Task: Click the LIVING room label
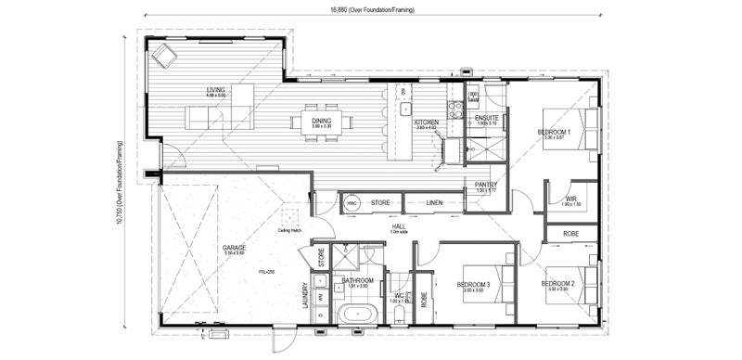pyautogui.click(x=215, y=90)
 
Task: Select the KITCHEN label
pyautogui.click(x=426, y=122)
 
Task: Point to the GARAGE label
pyautogui.click(x=234, y=248)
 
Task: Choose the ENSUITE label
pyautogui.click(x=486, y=119)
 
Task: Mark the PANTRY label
pyautogui.click(x=486, y=185)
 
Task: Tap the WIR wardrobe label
pyautogui.click(x=571, y=199)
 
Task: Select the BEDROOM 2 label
pyautogui.click(x=558, y=283)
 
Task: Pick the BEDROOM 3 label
pyautogui.click(x=473, y=284)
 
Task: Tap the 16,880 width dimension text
pyautogui.click(x=370, y=10)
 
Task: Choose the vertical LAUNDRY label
pyautogui.click(x=305, y=295)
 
